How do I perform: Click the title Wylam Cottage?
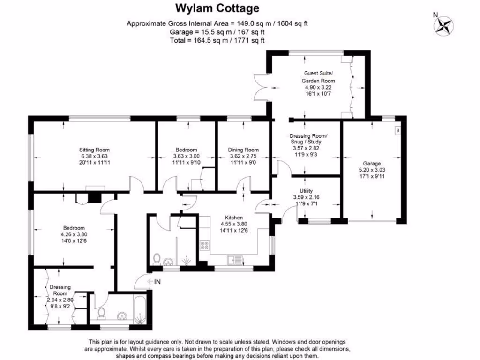pyautogui.click(x=217, y=8)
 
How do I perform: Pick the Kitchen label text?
pyautogui.click(x=234, y=217)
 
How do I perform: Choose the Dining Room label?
pyautogui.click(x=243, y=150)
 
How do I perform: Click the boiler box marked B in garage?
pyautogui.click(x=398, y=130)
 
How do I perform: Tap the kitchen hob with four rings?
pyautogui.click(x=205, y=245)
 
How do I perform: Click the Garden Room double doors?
pyautogui.click(x=261, y=87)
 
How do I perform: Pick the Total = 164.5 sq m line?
pyautogui.click(x=217, y=40)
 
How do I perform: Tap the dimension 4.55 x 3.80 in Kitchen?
pyautogui.click(x=234, y=224)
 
